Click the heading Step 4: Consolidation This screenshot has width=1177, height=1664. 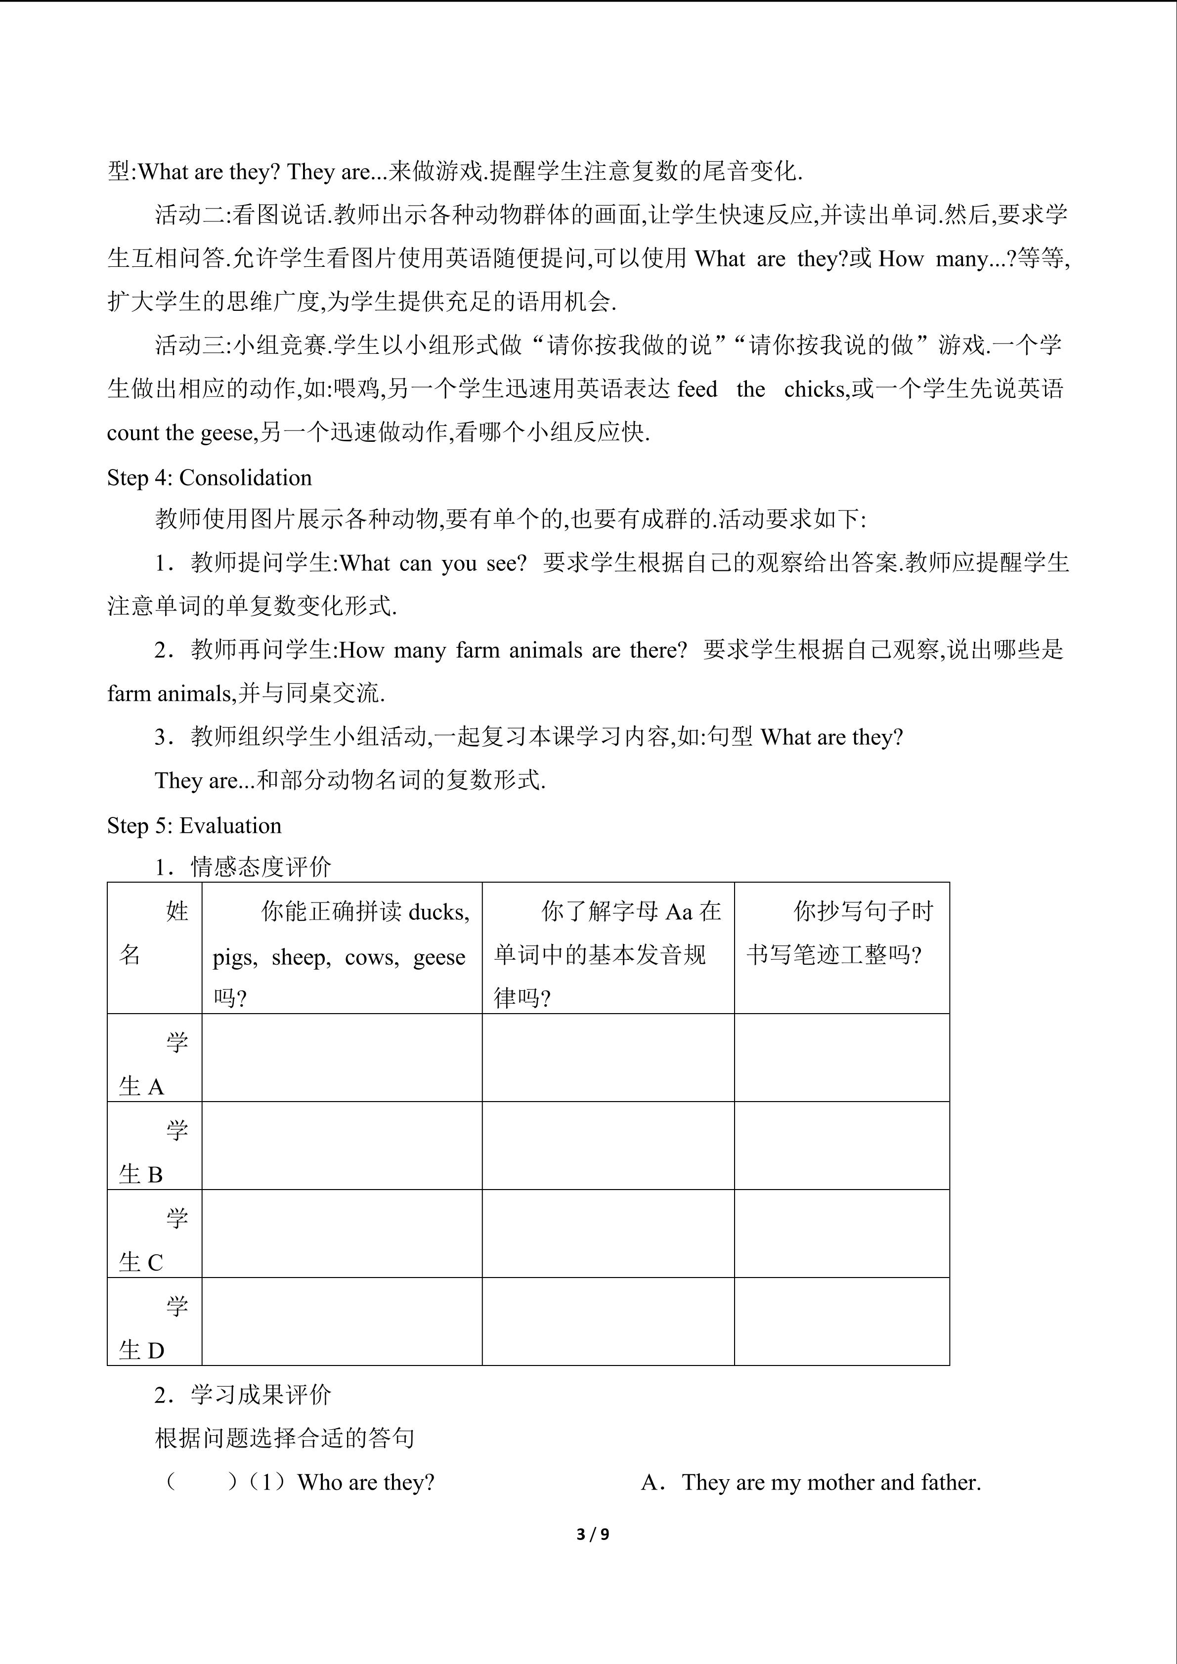point(210,477)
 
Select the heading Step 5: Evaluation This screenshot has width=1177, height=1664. point(194,825)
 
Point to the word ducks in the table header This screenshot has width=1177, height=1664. point(438,912)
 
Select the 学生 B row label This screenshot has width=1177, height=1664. point(154,1152)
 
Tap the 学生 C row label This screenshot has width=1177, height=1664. point(154,1239)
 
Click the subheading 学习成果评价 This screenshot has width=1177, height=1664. point(261,1394)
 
